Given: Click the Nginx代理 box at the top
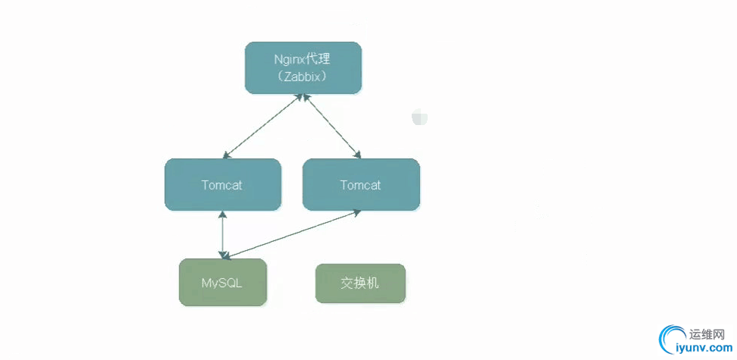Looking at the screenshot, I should point(303,68).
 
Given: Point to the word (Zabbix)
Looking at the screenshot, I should point(303,77).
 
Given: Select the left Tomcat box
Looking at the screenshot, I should point(222,184).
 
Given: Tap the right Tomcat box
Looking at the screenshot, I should point(361,184).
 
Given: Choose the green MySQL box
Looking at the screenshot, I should point(222,283).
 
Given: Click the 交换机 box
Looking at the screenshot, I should point(360,283).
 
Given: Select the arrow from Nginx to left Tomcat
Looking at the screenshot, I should point(263,127).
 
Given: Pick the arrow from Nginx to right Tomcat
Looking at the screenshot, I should point(331,127).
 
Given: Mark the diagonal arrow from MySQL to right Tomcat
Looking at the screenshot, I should point(292,235).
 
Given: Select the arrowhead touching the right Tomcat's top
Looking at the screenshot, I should point(357,155).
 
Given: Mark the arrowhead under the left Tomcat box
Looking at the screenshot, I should point(222,214).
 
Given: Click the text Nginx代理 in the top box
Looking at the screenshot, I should point(302,58).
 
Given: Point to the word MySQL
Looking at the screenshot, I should point(222,283).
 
